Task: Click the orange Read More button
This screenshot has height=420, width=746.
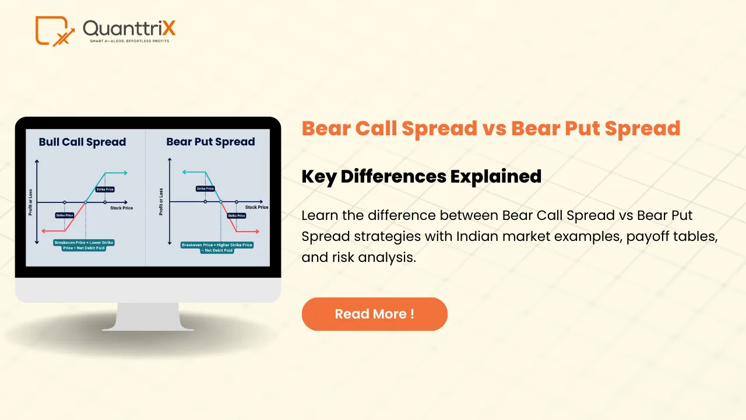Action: pyautogui.click(x=374, y=314)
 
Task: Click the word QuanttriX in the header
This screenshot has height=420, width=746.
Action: pyautogui.click(x=129, y=27)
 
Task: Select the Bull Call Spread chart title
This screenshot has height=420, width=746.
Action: pyautogui.click(x=82, y=142)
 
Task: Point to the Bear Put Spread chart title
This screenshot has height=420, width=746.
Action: pyautogui.click(x=210, y=142)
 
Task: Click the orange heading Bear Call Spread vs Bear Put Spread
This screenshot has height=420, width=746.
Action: pyautogui.click(x=491, y=128)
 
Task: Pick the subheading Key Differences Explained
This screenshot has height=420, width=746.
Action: pyautogui.click(x=421, y=176)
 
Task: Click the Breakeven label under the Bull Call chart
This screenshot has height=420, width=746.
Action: pyautogui.click(x=84, y=244)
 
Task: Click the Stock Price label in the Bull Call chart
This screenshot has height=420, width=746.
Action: pyautogui.click(x=121, y=208)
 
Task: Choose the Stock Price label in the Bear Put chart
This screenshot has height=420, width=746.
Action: pyautogui.click(x=256, y=208)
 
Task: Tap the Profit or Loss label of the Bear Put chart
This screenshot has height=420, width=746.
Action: pyautogui.click(x=161, y=201)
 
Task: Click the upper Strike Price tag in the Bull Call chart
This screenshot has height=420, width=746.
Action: pyautogui.click(x=105, y=190)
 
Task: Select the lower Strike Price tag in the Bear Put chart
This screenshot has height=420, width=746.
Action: pyautogui.click(x=237, y=216)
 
